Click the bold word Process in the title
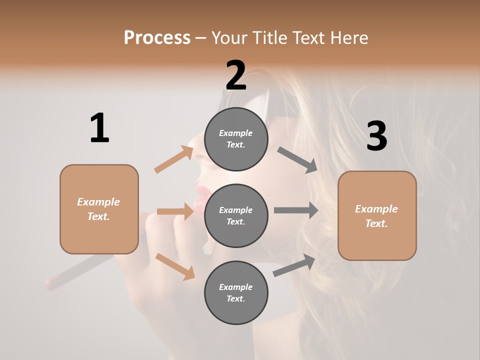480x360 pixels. pos(157,37)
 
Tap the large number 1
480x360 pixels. pos(99,128)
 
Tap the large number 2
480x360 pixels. pos(236,75)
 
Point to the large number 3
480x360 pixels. pos(376,136)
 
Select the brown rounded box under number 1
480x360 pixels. pos(99,209)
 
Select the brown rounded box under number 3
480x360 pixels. pos(377,215)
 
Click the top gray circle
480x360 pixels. pos(236,139)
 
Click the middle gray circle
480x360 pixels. pos(236,215)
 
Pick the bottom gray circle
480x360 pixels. pos(236,292)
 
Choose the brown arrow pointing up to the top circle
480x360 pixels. pos(174,159)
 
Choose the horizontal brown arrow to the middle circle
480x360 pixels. pos(175,211)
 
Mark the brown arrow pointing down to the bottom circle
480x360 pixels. pos(175,266)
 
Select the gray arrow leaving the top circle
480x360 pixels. pos(297,160)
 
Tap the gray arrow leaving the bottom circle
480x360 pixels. pos(294,265)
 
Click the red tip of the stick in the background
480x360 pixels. pos(50,283)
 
